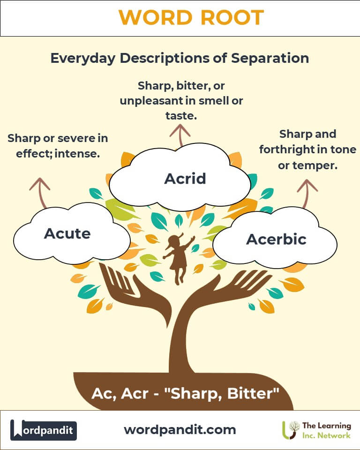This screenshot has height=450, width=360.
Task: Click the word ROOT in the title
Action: pyautogui.click(x=232, y=17)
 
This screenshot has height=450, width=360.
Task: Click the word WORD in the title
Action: pyautogui.click(x=155, y=17)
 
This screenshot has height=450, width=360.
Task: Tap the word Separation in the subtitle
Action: pyautogui.click(x=270, y=58)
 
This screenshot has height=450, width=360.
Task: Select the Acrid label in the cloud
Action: pyautogui.click(x=185, y=179)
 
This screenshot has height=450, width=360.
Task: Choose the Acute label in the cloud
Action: pyautogui.click(x=67, y=233)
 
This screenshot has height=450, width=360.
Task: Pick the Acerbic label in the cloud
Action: pyautogui.click(x=276, y=239)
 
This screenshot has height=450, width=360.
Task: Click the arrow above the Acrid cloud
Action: pyautogui.click(x=180, y=135)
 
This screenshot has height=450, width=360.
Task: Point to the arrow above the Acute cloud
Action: pyautogui.click(x=40, y=193)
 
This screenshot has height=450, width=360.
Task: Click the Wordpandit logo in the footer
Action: pyautogui.click(x=43, y=430)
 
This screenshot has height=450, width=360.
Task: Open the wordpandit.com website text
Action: pyautogui.click(x=180, y=430)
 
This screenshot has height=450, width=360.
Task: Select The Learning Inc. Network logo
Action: pyautogui.click(x=316, y=430)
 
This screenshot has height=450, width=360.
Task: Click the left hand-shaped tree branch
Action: pyautogui.click(x=135, y=292)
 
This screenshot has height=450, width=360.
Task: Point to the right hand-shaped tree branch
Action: pyautogui.click(x=227, y=290)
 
